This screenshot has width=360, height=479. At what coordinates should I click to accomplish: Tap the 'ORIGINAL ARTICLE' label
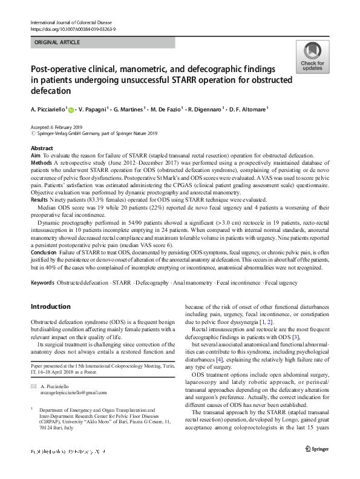click(57, 42)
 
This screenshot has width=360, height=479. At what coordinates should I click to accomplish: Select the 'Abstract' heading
click(41, 148)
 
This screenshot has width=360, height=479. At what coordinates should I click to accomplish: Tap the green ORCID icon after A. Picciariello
click(71, 110)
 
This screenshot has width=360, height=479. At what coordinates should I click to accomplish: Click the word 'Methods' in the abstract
click(41, 163)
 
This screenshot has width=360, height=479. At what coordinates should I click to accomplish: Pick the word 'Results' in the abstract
click(40, 199)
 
